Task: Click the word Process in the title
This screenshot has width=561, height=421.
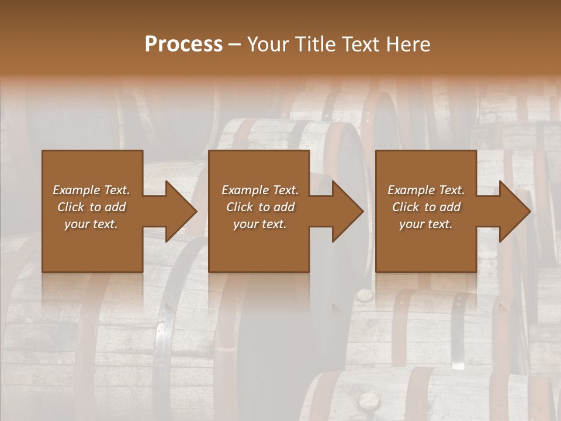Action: [183, 44]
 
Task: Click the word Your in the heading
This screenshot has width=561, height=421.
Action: [267, 44]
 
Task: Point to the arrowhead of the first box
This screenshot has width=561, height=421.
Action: [181, 211]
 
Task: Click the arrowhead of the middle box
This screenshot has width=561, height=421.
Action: [348, 211]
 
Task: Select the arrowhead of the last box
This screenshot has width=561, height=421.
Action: [515, 211]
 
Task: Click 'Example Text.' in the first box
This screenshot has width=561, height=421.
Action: [91, 190]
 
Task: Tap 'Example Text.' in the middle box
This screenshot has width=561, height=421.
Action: [260, 190]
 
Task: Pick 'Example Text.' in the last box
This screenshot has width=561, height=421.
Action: [426, 190]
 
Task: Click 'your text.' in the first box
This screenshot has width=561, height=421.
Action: [91, 224]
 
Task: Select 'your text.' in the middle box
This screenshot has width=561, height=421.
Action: [260, 224]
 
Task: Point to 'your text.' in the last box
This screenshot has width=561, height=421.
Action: [426, 224]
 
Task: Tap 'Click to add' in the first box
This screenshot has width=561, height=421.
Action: [91, 207]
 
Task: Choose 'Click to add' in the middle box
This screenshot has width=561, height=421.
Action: [260, 207]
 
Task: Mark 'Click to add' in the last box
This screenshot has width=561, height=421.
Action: [426, 207]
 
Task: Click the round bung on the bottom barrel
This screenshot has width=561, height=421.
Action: [368, 401]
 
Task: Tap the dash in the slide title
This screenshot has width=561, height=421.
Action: [234, 45]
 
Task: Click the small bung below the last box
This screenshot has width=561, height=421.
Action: [363, 295]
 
